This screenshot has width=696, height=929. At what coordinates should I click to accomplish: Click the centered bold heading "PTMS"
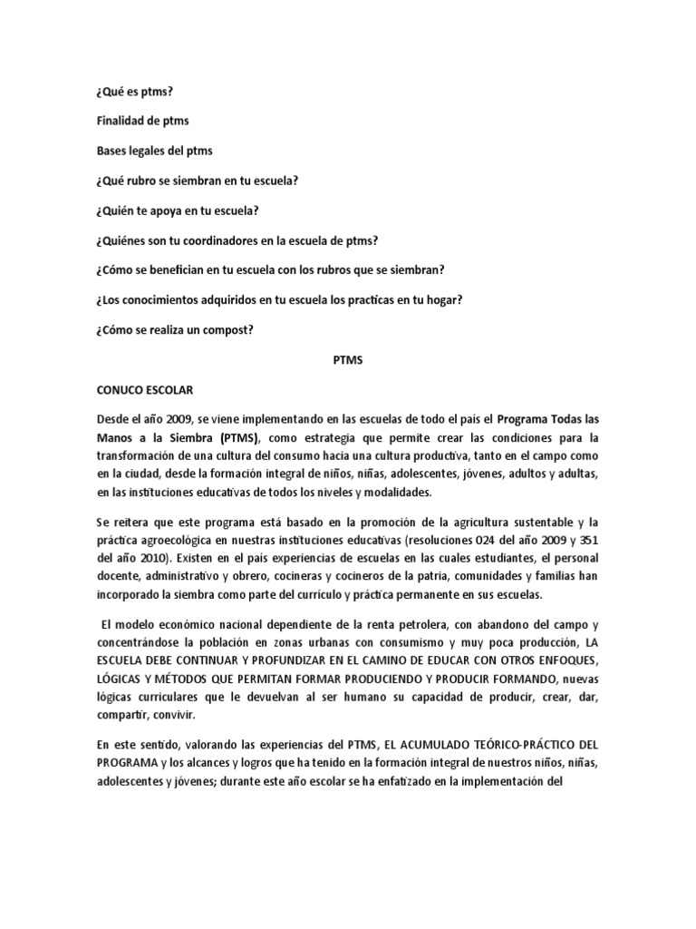pyautogui.click(x=348, y=359)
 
